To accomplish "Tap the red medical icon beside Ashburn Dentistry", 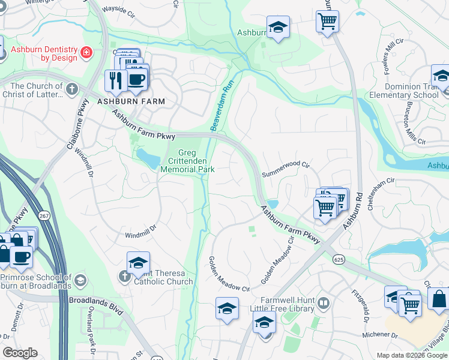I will click(x=87, y=53).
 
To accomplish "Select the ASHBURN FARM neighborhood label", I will click(x=131, y=101).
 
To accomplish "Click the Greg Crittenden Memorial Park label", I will click(x=187, y=161).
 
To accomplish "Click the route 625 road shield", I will click(x=339, y=259).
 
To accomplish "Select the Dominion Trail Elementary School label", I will click(x=403, y=91).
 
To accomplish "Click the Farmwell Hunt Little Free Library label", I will click(x=288, y=304).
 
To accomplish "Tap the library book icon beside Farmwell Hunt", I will click(x=324, y=302).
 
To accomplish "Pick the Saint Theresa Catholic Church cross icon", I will click(x=124, y=277).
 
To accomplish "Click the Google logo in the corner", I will click(x=20, y=353).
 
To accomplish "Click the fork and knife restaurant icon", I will click(x=115, y=80).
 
